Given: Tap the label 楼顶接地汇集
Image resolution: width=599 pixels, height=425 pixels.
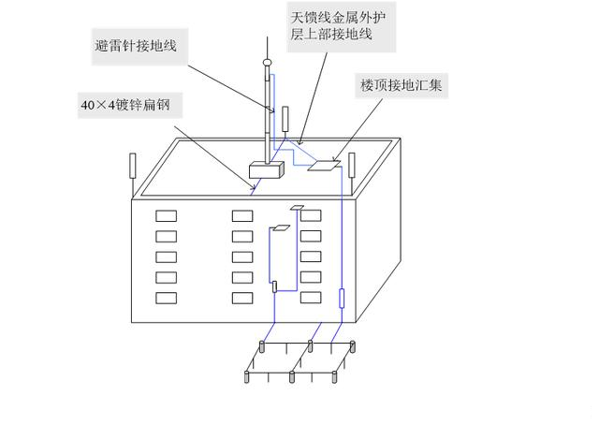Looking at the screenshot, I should click(x=404, y=85).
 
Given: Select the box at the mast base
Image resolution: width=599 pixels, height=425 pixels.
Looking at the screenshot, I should click(x=267, y=170).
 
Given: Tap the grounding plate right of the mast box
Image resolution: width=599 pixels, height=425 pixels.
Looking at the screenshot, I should click(x=324, y=165).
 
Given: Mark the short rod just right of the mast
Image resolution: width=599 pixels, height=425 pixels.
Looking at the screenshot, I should click(x=285, y=121).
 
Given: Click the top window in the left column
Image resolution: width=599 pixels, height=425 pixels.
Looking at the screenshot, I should click(x=166, y=215).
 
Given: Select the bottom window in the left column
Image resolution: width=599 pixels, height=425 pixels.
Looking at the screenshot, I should click(x=166, y=298).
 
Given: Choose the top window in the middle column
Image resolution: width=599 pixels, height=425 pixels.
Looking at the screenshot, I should click(x=242, y=215).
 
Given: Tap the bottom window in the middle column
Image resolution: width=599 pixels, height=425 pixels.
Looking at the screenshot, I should click(x=242, y=298).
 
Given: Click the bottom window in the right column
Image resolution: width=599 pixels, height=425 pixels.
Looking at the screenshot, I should click(x=310, y=298).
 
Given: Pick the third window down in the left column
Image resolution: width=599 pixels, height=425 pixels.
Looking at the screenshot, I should click(x=166, y=256).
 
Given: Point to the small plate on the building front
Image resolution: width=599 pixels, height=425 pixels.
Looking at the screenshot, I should click(x=299, y=206).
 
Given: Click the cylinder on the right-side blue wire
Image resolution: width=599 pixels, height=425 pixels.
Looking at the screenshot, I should click(x=342, y=300).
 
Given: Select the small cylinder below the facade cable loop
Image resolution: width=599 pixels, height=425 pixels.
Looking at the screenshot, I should click(x=274, y=286).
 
